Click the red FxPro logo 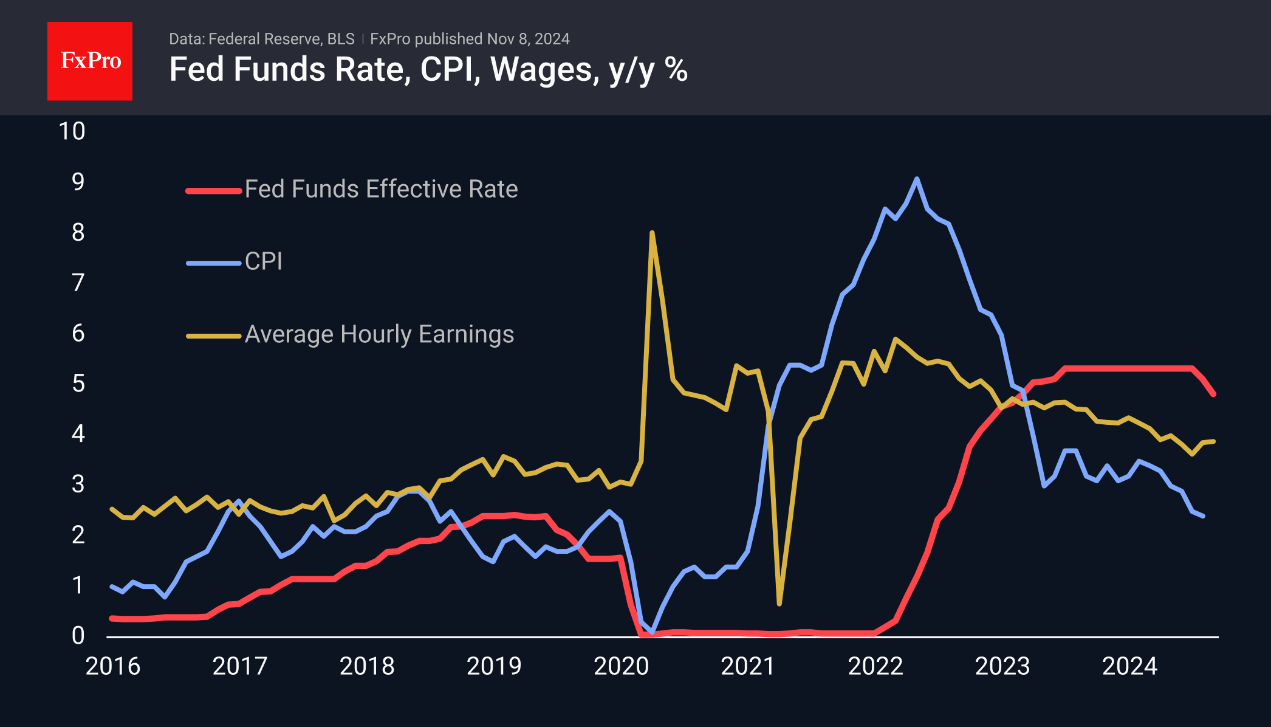coord(90,61)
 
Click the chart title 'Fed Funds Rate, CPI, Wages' coord(428,69)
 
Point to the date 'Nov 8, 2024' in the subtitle coord(528,39)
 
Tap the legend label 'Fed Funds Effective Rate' coord(381,189)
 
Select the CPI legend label coord(264,261)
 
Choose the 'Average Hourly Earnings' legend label coord(379,334)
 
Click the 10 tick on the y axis coord(72,131)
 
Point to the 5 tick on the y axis coord(78,384)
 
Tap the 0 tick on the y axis coord(78,636)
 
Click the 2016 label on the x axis coord(112,666)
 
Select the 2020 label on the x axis coord(621,666)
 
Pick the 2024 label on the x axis coord(1129,666)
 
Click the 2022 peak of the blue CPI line coord(917,179)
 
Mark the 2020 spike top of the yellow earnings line coord(652,232)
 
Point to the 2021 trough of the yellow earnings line coord(779,604)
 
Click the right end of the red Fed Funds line coord(1213,395)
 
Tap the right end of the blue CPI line coord(1203,516)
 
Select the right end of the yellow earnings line coord(1213,441)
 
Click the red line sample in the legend coord(213,191)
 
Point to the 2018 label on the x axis coord(367,666)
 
